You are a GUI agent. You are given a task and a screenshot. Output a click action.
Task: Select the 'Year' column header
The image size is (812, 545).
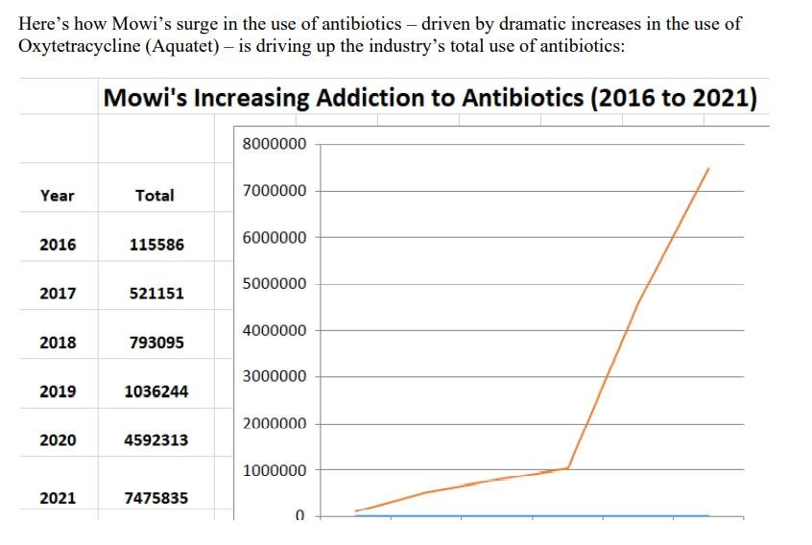point(57,195)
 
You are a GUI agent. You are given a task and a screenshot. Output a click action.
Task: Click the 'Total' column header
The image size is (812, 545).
point(155,195)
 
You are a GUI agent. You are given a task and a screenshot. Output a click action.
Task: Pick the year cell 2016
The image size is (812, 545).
point(57,245)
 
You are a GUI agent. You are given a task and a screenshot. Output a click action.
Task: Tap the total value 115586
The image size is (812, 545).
point(155,245)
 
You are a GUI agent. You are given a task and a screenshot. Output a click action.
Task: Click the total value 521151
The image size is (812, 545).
point(155,294)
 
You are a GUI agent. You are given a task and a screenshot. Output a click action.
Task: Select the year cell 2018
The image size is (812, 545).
point(57,343)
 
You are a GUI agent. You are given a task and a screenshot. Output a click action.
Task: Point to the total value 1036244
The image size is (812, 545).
point(155,391)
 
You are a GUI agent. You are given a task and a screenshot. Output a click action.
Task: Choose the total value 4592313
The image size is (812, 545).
point(155,440)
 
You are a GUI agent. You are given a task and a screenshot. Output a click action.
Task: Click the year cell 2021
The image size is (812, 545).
point(57,498)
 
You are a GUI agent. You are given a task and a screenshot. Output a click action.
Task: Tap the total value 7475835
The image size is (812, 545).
point(155,498)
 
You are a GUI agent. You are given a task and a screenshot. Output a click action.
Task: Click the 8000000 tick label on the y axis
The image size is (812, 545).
point(275,144)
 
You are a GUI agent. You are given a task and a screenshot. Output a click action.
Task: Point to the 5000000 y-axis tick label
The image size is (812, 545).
point(275,284)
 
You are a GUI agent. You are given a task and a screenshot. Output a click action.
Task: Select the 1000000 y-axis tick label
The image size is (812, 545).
point(275,470)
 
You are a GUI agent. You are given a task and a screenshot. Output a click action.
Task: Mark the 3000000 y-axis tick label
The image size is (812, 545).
point(275,376)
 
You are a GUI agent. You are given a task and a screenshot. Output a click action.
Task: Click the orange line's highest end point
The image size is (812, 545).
point(708,169)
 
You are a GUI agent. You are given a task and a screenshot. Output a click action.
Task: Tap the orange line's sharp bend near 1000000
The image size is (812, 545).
point(569,467)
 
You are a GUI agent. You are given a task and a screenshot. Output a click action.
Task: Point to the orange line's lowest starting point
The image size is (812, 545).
point(356,510)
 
